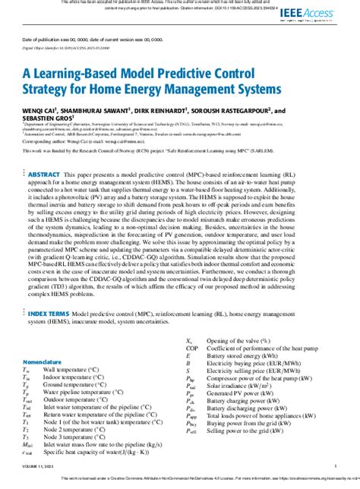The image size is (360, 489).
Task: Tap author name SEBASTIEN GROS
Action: tap(46, 118)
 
